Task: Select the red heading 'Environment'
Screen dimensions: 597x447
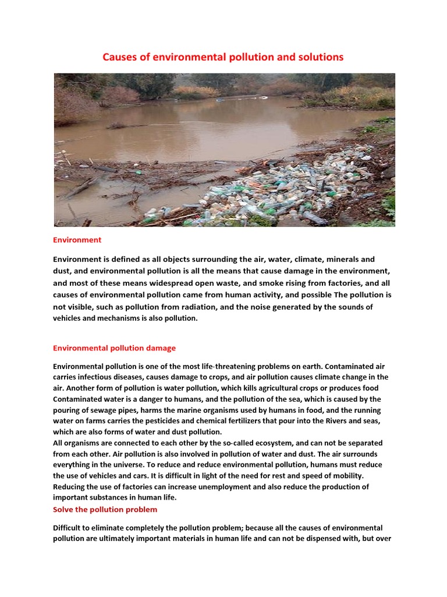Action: (77, 240)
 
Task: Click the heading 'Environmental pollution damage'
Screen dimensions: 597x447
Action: (114, 348)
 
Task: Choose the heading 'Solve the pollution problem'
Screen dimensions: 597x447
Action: (105, 510)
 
